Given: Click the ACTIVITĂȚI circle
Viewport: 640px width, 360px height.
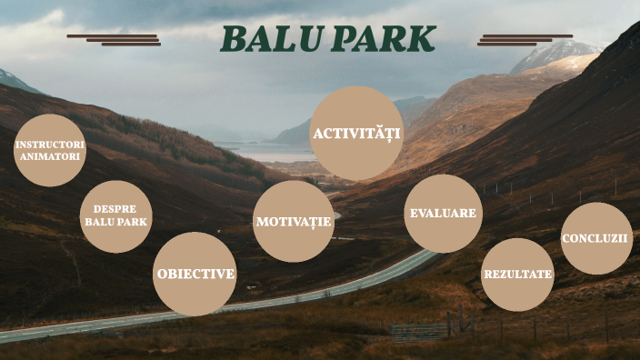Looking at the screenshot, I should pos(357,134).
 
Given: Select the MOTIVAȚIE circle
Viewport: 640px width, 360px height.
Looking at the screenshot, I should pos(294,221).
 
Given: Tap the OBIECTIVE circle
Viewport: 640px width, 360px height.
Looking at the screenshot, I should pos(195,274).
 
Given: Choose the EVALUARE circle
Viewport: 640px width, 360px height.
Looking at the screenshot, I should pos(443,214).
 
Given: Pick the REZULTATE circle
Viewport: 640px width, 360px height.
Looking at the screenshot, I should pos(517,275).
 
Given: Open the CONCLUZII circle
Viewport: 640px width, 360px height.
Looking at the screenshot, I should pos(595,238).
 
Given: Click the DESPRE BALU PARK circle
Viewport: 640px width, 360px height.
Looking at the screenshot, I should pos(115,215).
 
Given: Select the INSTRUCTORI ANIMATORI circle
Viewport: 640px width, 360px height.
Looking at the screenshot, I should pos(50,150).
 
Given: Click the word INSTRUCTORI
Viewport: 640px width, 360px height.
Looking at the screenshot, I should pos(50,145).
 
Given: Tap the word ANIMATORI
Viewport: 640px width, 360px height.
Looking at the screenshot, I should pos(50,156).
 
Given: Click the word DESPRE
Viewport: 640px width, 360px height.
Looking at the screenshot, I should pos(115,208).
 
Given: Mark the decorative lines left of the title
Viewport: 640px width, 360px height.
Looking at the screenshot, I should pos(115,39).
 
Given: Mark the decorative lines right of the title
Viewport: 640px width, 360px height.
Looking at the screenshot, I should pos(524,39).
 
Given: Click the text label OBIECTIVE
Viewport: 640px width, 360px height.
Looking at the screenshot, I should pos(195,274).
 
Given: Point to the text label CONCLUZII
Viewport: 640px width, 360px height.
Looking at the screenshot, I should pos(595,238).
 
